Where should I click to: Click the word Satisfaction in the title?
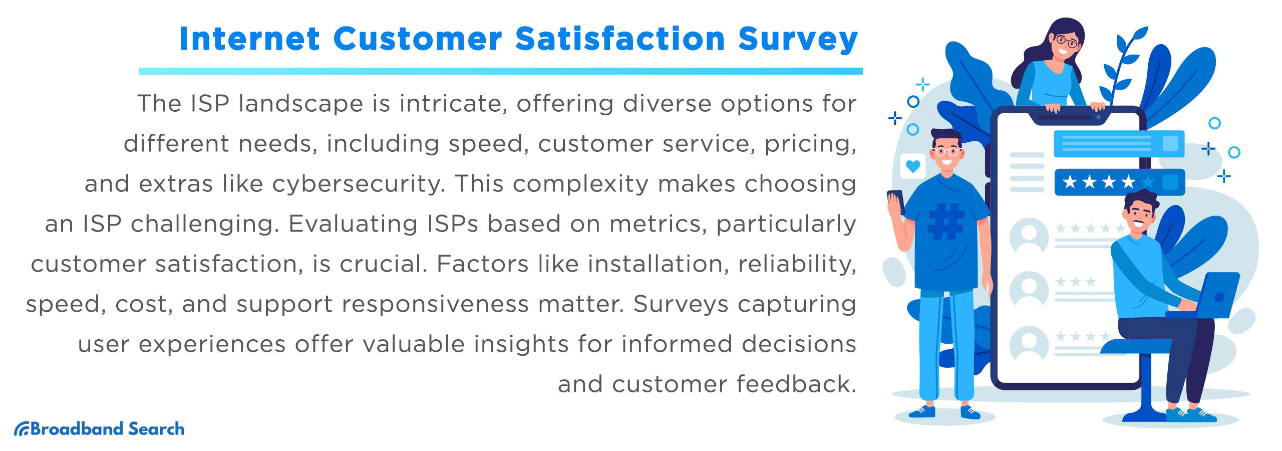tap(620, 39)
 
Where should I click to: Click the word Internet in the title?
tap(249, 39)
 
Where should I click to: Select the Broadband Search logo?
tap(99, 429)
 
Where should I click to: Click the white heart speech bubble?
tap(913, 166)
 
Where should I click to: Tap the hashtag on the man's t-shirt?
tap(945, 221)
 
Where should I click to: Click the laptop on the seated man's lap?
tap(1212, 297)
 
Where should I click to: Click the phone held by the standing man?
tap(896, 201)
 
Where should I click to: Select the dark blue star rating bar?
tap(1119, 182)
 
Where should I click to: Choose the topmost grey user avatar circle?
tap(1029, 237)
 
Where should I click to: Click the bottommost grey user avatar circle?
tap(1029, 344)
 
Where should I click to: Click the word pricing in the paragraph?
tap(810, 144)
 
